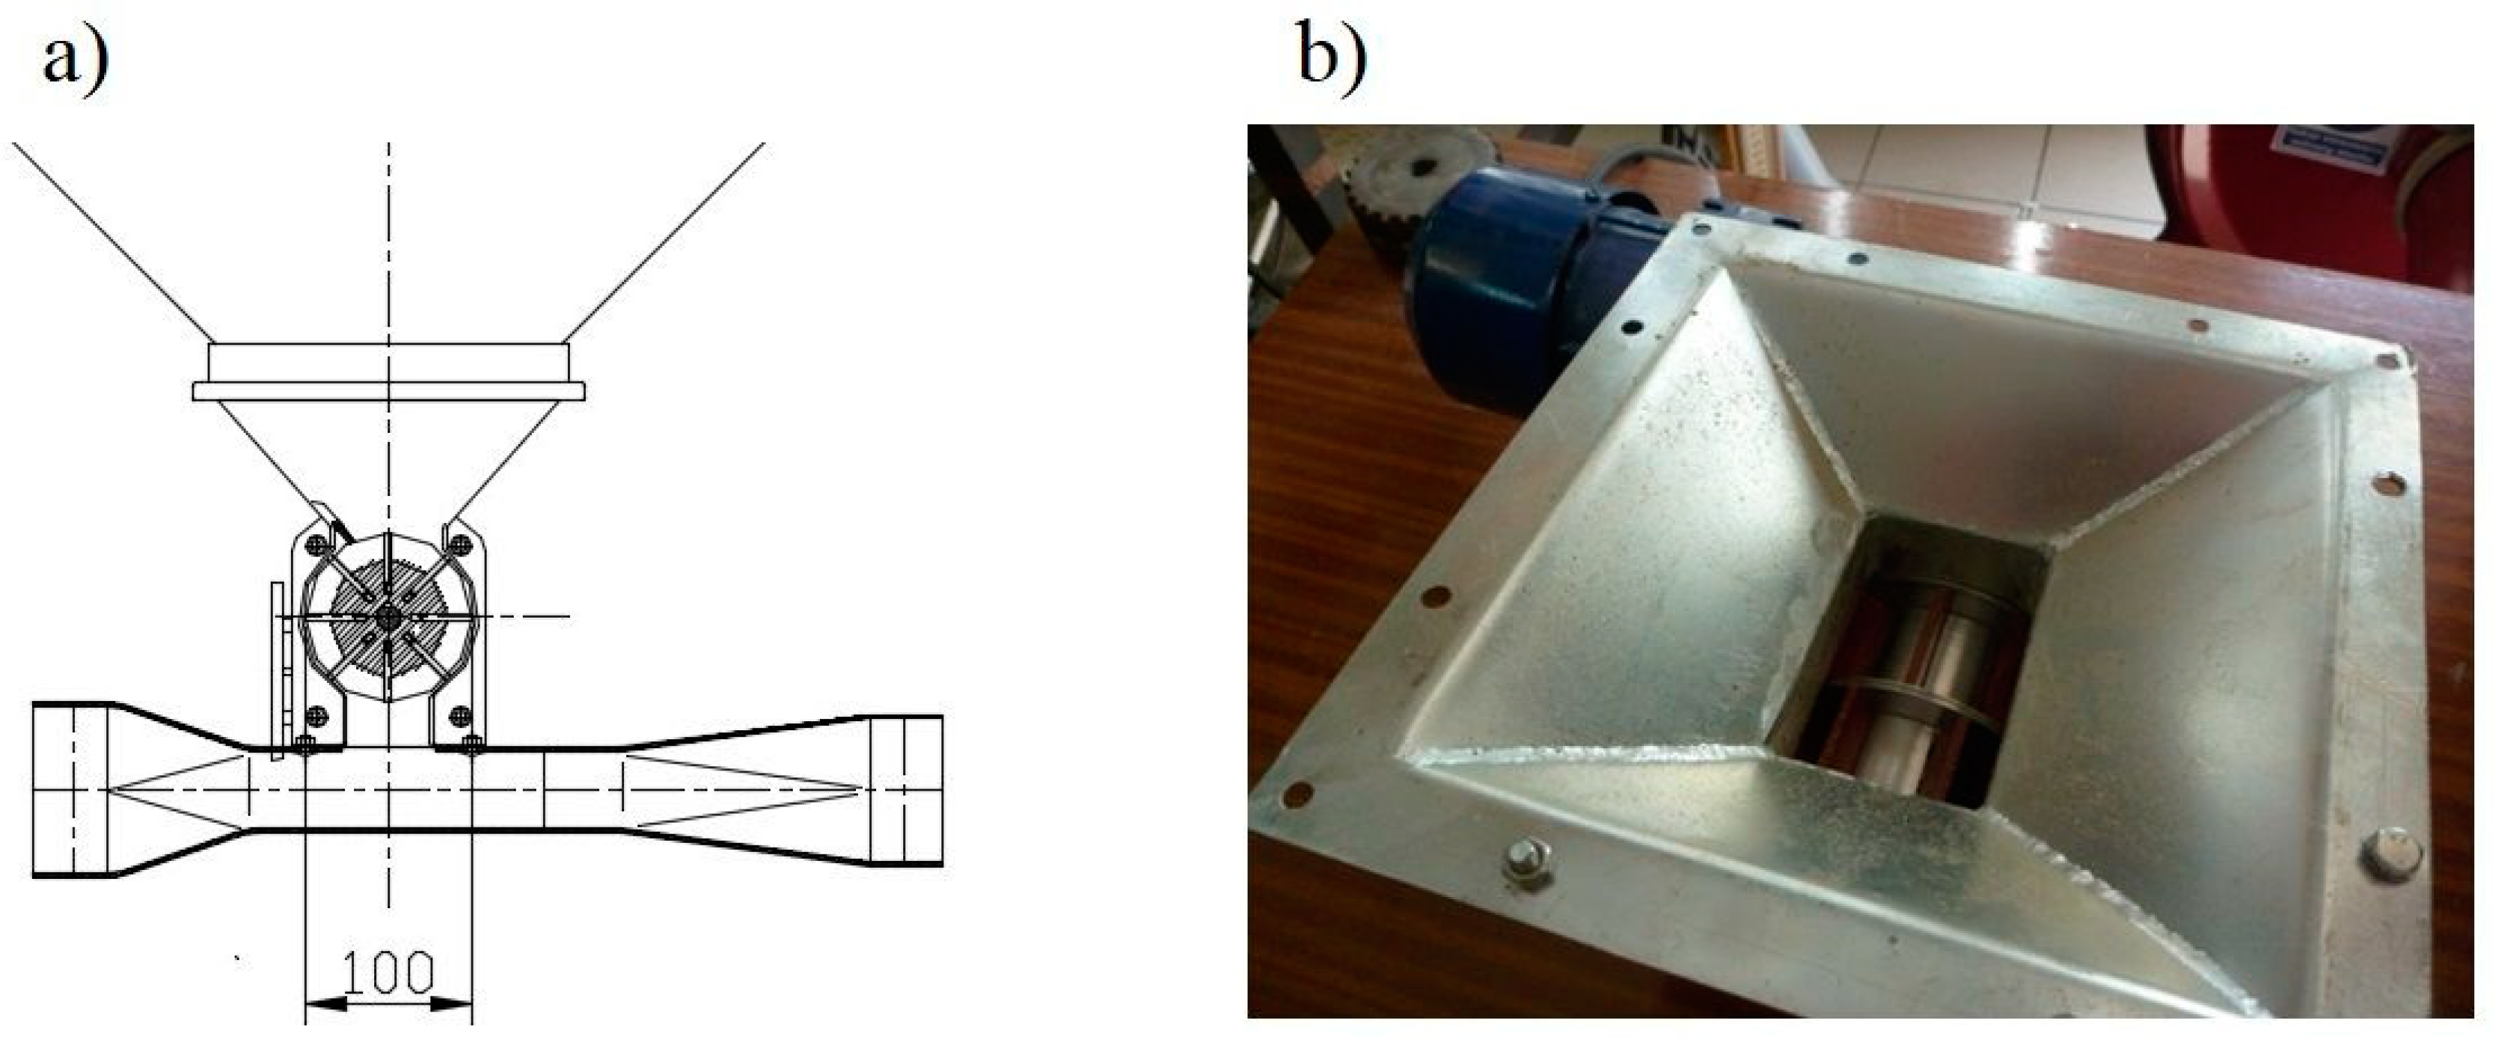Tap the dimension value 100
pos(387,974)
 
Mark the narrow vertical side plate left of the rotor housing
pos(278,671)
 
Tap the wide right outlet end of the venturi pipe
pos(906,789)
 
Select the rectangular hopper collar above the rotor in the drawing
pos(388,371)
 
